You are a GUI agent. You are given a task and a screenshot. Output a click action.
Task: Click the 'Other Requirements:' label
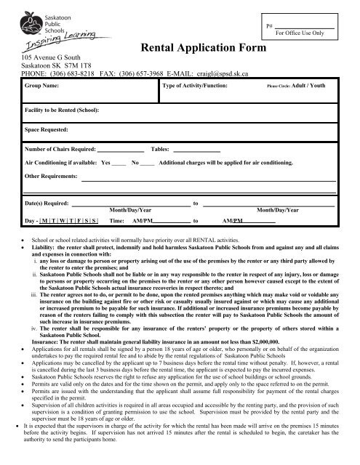click(51, 177)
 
